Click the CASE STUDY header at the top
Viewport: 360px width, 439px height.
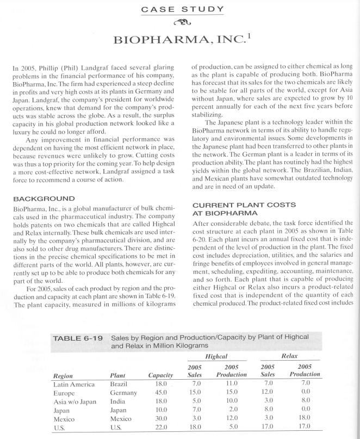tap(180, 9)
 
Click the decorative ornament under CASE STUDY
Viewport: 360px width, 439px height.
tap(180, 23)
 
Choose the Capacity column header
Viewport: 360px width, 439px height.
tap(160, 374)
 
